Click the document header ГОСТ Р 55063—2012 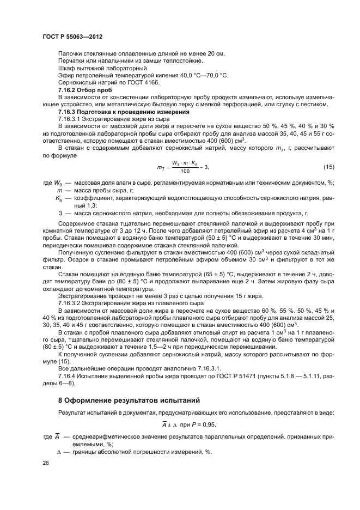point(72,36)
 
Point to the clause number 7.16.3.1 point(70,118)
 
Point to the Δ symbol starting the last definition point(59,452)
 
